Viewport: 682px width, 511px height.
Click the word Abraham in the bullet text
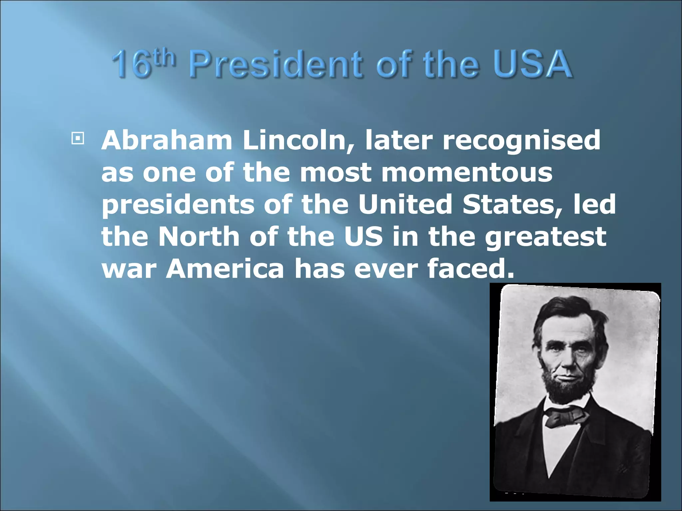(x=167, y=141)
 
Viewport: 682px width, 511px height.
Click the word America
(x=225, y=268)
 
